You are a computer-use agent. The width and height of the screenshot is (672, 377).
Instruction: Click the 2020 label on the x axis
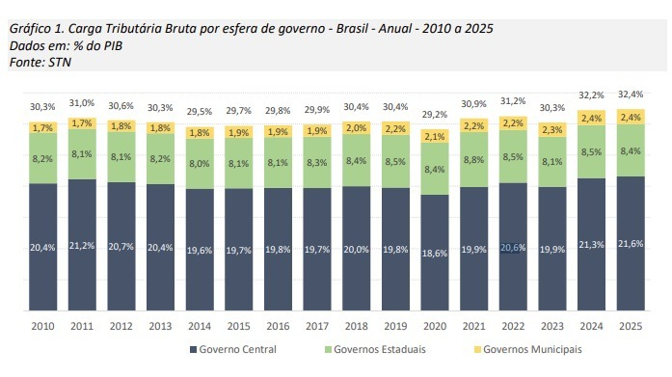[x=435, y=325]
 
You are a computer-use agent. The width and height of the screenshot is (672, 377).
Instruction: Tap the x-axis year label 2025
[x=631, y=325]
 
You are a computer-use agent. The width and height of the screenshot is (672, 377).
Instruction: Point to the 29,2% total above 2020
[x=435, y=113]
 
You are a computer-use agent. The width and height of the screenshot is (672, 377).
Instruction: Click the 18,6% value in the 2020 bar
[x=435, y=252]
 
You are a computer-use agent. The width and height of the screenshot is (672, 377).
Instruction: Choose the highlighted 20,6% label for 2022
[x=513, y=247]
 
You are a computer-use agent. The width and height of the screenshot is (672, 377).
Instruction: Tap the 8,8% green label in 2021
[x=474, y=161]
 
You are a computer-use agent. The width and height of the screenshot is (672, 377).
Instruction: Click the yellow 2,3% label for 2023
[x=552, y=129]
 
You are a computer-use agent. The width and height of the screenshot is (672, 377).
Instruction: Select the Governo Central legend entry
[x=236, y=349]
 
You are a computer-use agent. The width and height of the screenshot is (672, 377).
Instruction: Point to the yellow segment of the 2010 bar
[x=43, y=127]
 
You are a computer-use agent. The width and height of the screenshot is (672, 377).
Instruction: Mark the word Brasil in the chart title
[x=348, y=28]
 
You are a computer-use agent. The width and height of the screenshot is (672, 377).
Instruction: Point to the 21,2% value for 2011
[x=82, y=247]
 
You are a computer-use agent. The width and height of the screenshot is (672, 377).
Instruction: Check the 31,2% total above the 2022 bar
[x=513, y=100]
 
